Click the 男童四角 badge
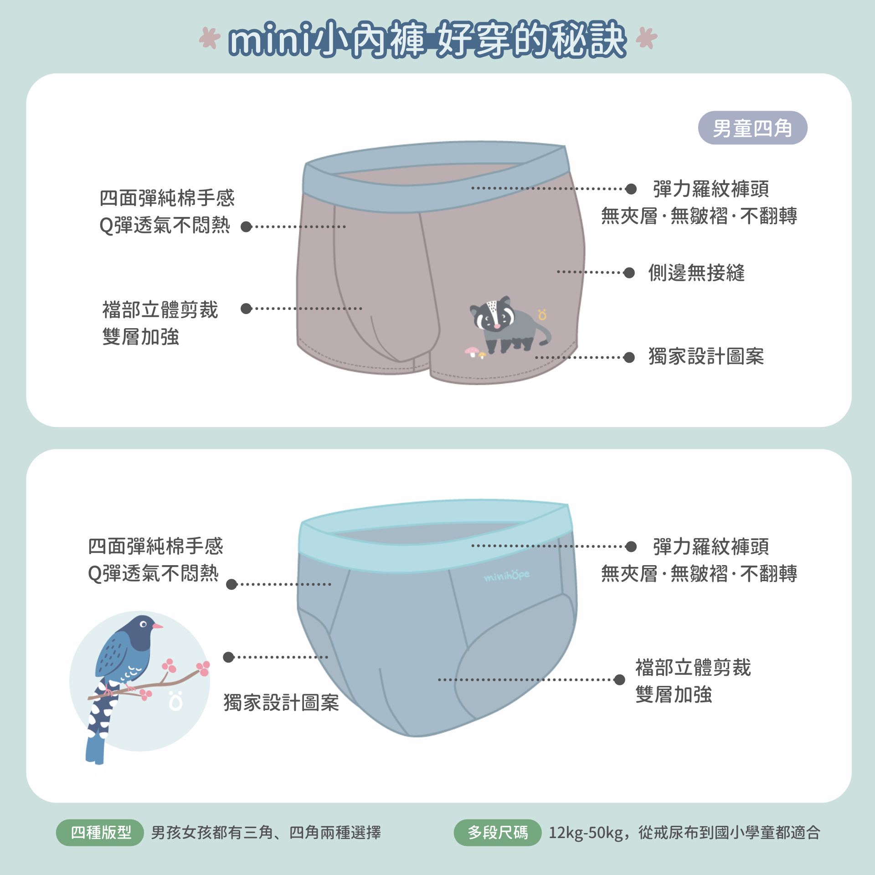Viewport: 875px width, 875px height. [x=752, y=128]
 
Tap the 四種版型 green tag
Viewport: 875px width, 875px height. [x=100, y=833]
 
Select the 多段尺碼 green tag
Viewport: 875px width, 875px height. [x=498, y=833]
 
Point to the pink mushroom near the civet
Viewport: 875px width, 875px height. [x=472, y=351]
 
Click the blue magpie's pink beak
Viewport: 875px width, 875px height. [x=157, y=626]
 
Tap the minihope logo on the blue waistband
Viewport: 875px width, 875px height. [x=507, y=576]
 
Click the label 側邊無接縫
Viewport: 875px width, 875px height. [x=696, y=273]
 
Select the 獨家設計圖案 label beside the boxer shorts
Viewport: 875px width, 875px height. [x=706, y=356]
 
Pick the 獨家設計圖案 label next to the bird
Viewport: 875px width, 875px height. [x=281, y=703]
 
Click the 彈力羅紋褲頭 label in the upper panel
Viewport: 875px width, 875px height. [x=711, y=189]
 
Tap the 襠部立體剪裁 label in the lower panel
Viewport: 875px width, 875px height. [x=693, y=668]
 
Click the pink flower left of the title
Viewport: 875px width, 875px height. [x=210, y=38]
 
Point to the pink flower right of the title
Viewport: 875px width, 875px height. [x=647, y=38]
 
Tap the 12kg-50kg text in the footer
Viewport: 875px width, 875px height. [x=586, y=833]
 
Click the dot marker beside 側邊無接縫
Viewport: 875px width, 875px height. [x=629, y=273]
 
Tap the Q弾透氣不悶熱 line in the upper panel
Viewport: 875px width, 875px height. [x=165, y=225]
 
